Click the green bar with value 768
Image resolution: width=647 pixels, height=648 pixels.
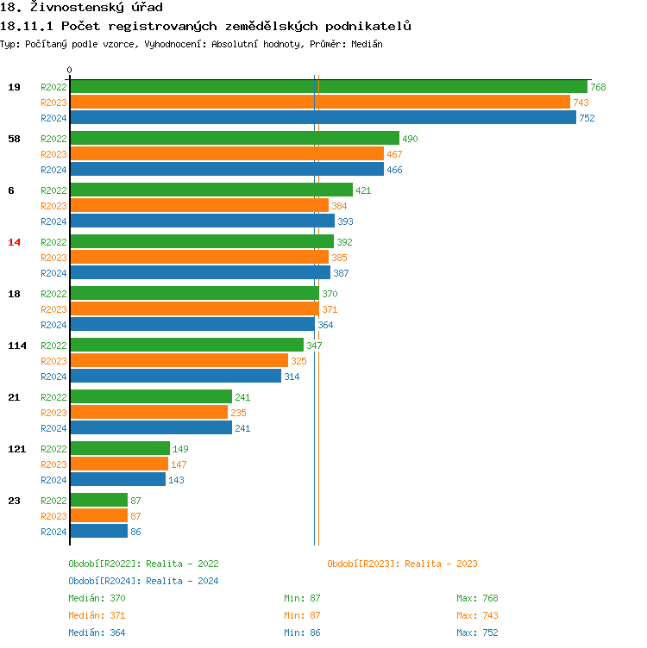[x=328, y=87]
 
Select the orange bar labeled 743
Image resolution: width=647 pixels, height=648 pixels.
[x=319, y=103]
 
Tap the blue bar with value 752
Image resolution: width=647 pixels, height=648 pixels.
[x=323, y=118]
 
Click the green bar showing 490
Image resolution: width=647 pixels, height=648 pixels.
[x=234, y=139]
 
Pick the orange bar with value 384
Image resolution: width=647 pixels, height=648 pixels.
[x=198, y=206]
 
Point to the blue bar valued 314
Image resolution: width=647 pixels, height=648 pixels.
[x=175, y=377]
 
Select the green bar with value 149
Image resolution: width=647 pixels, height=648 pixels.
[x=119, y=449]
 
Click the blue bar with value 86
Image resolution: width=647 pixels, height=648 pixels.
[x=98, y=532]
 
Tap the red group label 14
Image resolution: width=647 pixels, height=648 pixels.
[x=14, y=242]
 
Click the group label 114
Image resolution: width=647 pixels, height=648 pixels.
[x=17, y=346]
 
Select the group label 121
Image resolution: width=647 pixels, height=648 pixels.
[x=17, y=449]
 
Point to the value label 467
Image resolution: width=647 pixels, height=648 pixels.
[x=394, y=154]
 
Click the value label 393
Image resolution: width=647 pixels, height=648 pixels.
[x=345, y=221]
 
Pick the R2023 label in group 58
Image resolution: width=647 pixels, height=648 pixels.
[x=53, y=154]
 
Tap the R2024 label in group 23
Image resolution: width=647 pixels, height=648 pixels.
[x=53, y=532]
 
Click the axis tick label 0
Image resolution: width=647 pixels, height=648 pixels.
[x=70, y=71]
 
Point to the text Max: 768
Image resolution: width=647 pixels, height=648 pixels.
[x=477, y=598]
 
